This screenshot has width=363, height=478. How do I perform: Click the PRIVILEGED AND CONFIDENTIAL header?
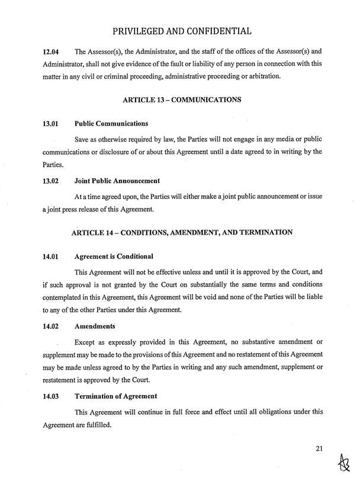(182, 30)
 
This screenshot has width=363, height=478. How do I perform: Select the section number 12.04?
(53, 52)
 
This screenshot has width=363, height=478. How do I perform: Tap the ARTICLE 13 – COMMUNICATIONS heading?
(181, 100)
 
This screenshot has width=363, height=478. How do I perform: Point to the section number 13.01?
(53, 124)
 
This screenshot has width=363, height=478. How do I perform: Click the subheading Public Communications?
(111, 124)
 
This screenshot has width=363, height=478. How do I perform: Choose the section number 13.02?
(53, 181)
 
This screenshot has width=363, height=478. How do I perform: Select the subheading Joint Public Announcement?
(117, 181)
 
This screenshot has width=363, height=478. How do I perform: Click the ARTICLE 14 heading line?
(181, 232)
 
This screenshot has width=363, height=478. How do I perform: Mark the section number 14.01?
(53, 256)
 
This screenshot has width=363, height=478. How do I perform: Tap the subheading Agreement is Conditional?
(114, 256)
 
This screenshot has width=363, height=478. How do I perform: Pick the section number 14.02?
(53, 326)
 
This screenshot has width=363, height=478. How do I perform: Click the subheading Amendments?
(97, 326)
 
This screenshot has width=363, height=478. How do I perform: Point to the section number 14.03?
(53, 396)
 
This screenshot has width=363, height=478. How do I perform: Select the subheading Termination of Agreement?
(115, 396)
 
